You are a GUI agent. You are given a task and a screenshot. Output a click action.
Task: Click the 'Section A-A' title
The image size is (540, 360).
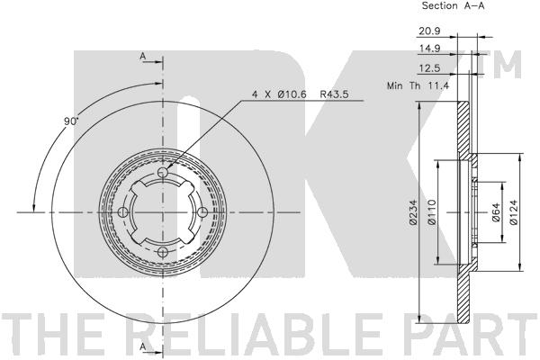click(453, 6)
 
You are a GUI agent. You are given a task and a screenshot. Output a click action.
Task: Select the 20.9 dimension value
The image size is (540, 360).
click(429, 31)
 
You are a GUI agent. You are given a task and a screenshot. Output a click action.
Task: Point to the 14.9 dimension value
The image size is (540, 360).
click(429, 49)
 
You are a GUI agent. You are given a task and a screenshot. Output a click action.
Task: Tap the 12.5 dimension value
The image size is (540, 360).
click(429, 68)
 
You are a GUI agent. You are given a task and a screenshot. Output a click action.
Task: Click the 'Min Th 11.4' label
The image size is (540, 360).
click(418, 85)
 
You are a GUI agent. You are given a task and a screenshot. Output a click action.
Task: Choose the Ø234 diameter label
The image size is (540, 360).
click(413, 212)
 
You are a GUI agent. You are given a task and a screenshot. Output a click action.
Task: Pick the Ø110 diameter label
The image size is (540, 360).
click(431, 212)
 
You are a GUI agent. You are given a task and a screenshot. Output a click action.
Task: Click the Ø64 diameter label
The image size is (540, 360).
click(495, 212)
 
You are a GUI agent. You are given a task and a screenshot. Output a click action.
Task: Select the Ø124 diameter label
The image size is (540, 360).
click(514, 212)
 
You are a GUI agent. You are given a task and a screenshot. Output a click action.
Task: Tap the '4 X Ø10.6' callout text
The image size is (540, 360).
click(279, 94)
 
